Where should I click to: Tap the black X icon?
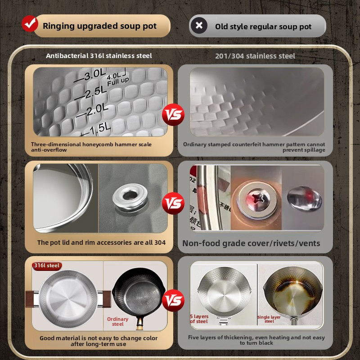[x=199, y=26]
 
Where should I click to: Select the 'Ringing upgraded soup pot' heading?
[x=99, y=26]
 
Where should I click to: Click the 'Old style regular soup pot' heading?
[x=263, y=27]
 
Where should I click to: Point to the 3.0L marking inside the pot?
[x=93, y=75]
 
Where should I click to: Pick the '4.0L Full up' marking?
[x=116, y=79]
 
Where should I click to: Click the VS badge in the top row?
[x=173, y=115]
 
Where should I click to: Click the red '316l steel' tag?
[x=47, y=265]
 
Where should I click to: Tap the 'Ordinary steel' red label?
[x=118, y=321]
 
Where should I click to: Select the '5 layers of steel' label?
[x=199, y=319]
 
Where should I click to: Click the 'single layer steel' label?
[x=269, y=319]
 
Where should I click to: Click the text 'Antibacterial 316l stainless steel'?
[x=99, y=56]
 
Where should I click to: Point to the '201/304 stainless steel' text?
[x=255, y=56]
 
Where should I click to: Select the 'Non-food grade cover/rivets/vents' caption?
[x=251, y=243]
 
